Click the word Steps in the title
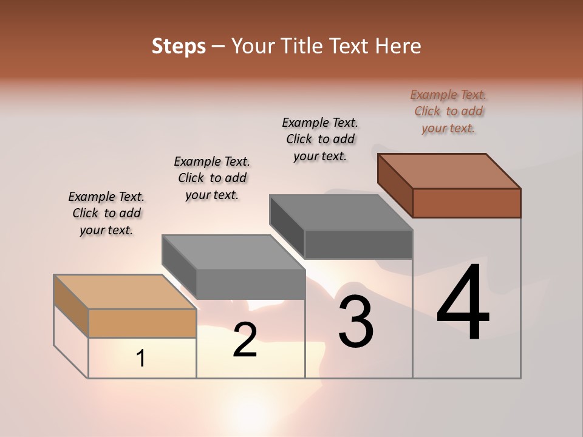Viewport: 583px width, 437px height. tap(179, 46)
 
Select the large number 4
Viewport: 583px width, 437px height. tap(463, 303)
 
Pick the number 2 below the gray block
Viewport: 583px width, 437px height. tap(245, 340)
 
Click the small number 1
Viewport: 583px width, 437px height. tap(141, 358)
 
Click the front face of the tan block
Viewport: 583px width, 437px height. tap(142, 323)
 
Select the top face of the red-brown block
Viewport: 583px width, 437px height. tap(449, 171)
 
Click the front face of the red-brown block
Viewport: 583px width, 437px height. tap(466, 203)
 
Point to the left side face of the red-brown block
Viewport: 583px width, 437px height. tap(395, 185)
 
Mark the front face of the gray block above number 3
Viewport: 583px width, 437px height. tap(358, 244)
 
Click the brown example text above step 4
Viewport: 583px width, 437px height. tap(448, 111)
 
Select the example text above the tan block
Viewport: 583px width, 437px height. tap(106, 213)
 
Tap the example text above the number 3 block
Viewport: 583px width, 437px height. tap(320, 139)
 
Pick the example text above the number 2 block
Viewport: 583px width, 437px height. tap(212, 178)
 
